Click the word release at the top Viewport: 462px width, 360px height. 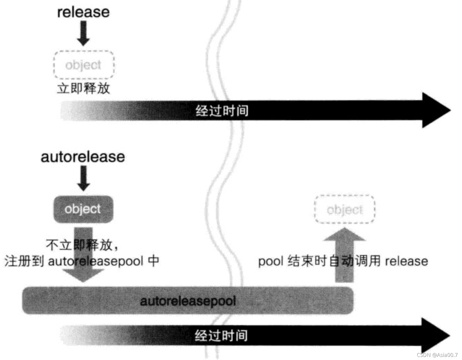tap(83, 12)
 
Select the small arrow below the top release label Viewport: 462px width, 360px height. tap(83, 33)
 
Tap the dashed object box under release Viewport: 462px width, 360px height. tap(84, 65)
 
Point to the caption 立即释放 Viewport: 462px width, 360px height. tap(84, 88)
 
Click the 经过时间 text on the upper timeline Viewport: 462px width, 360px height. tap(222, 111)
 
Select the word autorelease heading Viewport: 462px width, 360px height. tap(83, 157)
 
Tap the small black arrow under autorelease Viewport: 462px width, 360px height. tap(83, 178)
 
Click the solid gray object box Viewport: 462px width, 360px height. tap(83, 209)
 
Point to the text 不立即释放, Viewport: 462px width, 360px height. tap(82, 245)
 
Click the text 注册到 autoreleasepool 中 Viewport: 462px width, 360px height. tap(82, 261)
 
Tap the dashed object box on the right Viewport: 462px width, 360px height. tap(345, 210)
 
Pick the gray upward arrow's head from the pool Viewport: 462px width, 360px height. tap(344, 235)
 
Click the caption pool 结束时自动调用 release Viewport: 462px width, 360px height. tap(343, 261)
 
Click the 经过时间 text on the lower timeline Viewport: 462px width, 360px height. tap(221, 336)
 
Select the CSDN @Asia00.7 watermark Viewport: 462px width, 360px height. tap(437, 355)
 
